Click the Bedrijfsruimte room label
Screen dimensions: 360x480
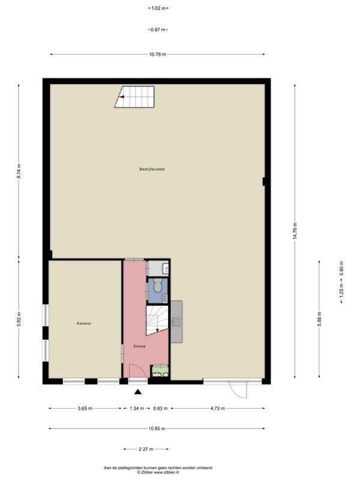tap(152, 169)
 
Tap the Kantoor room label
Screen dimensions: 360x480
tap(84, 323)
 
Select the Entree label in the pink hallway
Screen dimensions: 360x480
tap(139, 346)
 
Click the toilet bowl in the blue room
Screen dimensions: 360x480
tap(158, 286)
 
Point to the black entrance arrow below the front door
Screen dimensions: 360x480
tap(138, 391)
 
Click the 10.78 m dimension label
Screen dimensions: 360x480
tap(158, 55)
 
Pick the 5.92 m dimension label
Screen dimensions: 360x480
tap(19, 319)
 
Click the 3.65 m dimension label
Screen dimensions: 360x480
tap(85, 408)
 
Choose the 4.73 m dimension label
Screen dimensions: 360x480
tap(217, 408)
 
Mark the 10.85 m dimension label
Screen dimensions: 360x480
tap(157, 428)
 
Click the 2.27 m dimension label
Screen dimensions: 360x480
tap(146, 449)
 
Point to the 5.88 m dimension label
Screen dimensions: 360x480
tap(319, 319)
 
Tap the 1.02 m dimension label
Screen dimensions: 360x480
tap(158, 8)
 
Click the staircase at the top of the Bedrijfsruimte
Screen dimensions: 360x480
tap(134, 97)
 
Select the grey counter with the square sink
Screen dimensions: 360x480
tap(176, 322)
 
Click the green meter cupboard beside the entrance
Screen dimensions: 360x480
tap(160, 371)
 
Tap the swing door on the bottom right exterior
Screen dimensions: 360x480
tap(238, 389)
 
